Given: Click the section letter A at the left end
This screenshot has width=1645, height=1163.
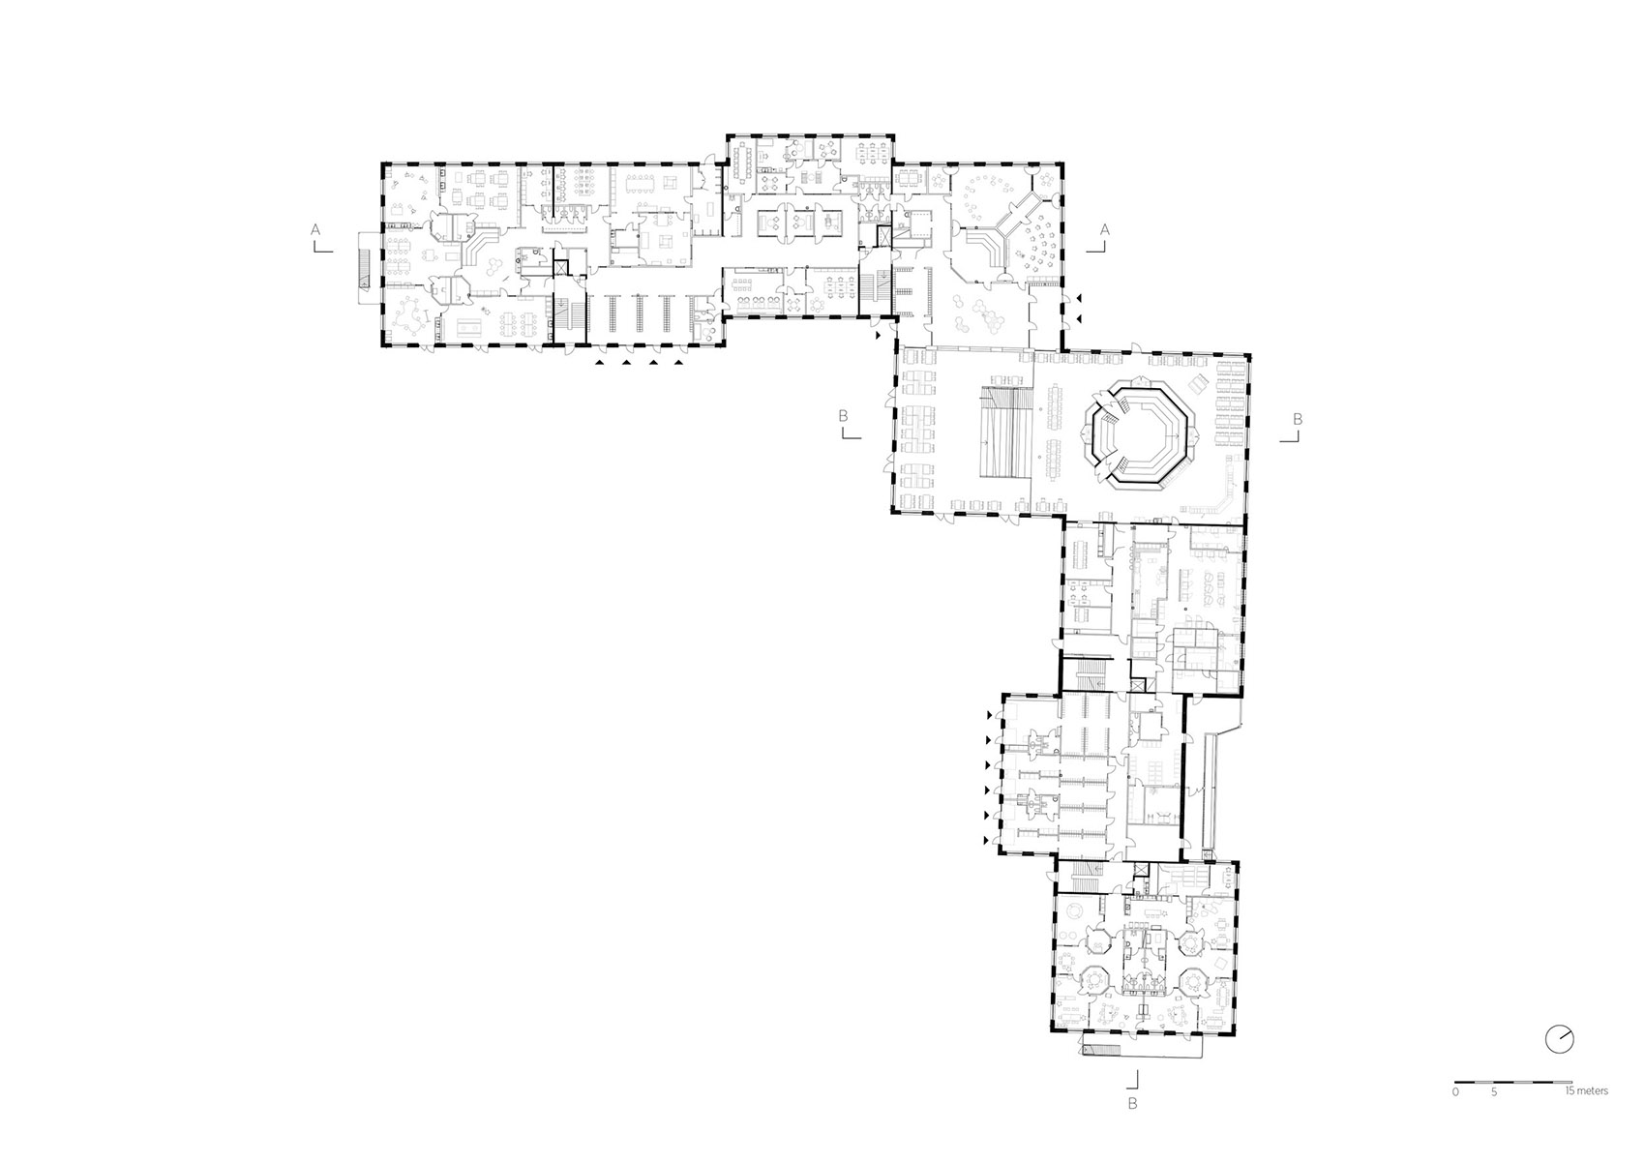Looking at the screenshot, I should point(314,229).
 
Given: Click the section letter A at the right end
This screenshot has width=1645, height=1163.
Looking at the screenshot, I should point(1103,229).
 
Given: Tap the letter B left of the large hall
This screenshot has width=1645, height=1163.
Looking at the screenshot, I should point(844,416).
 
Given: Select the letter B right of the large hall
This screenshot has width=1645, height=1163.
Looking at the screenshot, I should point(1298,418).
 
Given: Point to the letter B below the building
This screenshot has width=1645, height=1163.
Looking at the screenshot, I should point(1132,1103).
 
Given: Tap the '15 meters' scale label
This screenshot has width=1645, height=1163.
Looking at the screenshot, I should point(1587,1091).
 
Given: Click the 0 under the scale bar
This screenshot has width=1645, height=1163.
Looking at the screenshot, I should point(1455,1092).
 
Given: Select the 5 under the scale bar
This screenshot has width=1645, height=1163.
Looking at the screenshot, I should point(1495,1092).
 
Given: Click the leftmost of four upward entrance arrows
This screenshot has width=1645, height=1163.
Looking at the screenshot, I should point(602,364).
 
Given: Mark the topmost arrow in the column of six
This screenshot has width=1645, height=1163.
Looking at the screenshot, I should point(988,715).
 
